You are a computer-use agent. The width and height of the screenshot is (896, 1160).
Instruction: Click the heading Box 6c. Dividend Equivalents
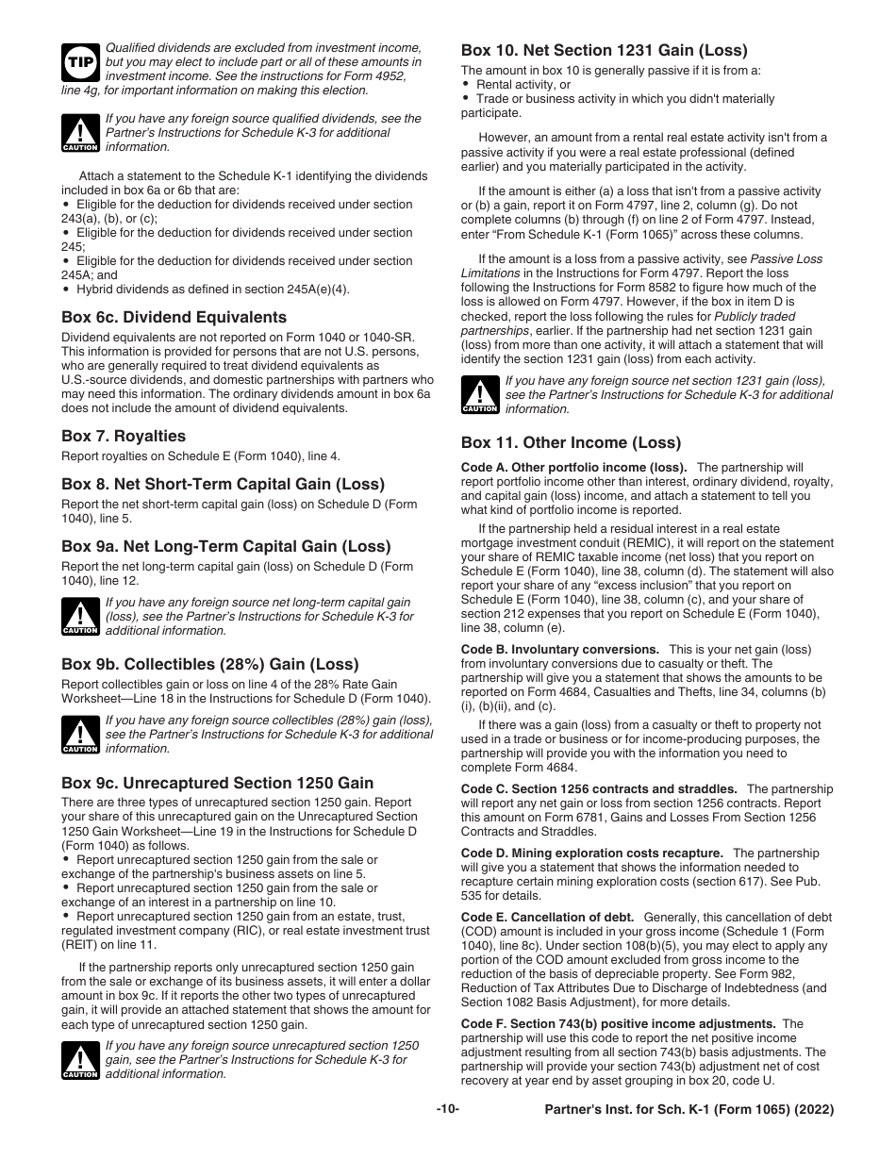click(x=174, y=317)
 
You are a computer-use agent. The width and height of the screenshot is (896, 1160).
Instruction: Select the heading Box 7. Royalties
click(x=124, y=436)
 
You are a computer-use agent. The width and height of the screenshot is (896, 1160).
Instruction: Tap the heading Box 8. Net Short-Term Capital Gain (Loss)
click(x=223, y=484)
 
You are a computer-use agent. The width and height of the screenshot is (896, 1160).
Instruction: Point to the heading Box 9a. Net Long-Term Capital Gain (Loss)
click(x=225, y=546)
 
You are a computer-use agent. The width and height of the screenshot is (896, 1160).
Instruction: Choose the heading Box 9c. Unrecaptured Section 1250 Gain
click(x=217, y=783)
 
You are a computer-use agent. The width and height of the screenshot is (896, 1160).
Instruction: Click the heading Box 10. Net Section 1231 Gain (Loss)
click(x=604, y=50)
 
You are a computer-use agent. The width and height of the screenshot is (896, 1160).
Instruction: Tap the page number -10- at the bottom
click(x=448, y=1109)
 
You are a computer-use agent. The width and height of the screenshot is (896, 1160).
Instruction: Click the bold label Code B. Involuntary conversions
click(x=559, y=649)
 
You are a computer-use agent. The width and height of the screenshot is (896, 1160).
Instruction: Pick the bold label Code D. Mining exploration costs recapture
click(x=591, y=853)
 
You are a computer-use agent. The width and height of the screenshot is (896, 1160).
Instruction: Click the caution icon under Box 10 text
click(x=479, y=395)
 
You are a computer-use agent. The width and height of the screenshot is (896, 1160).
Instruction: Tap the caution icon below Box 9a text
click(x=79, y=616)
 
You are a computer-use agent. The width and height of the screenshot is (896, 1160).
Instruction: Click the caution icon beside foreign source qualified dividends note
click(x=79, y=133)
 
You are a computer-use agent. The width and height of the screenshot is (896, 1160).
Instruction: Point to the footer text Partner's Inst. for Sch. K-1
click(x=689, y=1110)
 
